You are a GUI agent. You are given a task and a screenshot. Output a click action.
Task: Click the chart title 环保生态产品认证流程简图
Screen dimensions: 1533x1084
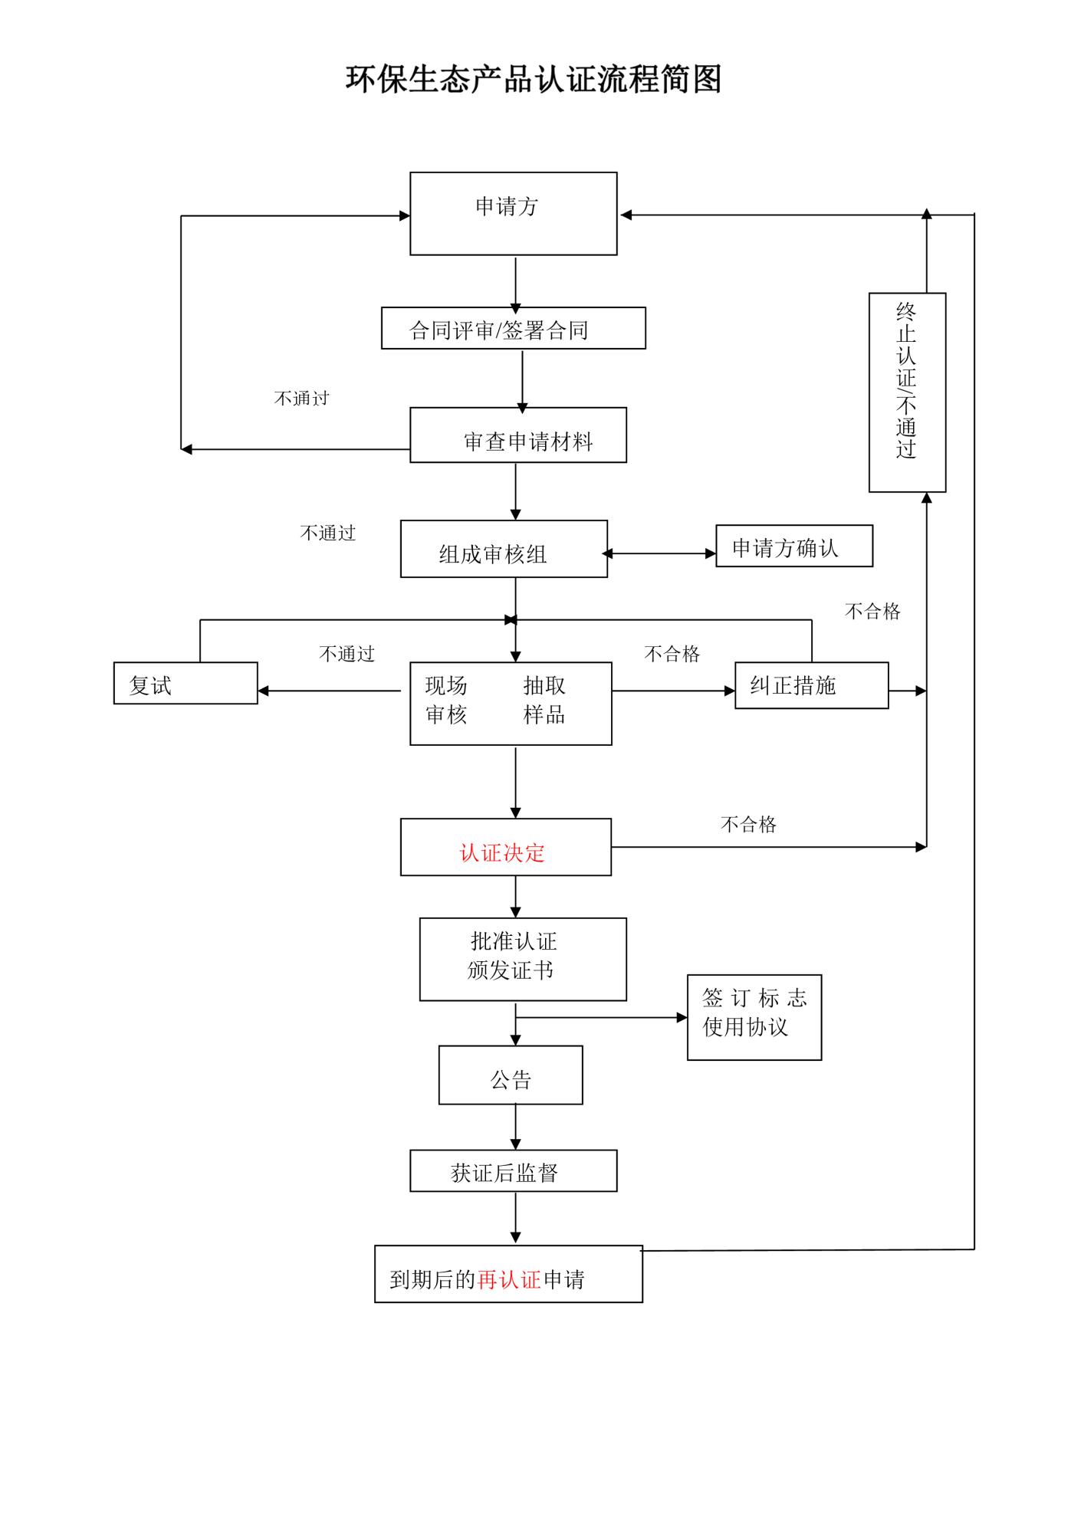534,80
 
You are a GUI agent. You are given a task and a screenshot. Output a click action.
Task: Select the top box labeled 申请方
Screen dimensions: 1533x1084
513,213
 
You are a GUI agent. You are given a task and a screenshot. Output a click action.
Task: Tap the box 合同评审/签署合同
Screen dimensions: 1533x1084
513,329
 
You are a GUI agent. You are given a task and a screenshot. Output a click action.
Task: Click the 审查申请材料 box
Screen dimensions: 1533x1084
517,435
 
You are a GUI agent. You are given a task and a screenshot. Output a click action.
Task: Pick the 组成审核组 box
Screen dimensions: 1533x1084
504,549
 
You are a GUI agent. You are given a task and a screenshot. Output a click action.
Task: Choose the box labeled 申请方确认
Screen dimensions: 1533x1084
793,546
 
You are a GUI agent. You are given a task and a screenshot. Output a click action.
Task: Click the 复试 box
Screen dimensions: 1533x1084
185,683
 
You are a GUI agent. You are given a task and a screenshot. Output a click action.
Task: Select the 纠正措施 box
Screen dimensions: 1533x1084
811,685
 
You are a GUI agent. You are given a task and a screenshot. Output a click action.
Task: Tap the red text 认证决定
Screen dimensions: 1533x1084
502,852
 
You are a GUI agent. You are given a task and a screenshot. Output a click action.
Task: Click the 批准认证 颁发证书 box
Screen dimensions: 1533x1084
522,959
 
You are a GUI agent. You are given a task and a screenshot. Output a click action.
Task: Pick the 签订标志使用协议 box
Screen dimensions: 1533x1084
754,1017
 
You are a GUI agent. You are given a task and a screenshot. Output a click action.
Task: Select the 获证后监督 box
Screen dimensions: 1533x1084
513,1170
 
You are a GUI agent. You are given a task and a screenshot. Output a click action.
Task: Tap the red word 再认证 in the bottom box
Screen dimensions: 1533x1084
509,1279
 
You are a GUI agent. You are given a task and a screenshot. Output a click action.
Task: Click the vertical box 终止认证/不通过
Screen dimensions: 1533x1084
907,392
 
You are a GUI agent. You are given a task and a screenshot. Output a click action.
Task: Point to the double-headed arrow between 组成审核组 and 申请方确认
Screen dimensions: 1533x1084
659,553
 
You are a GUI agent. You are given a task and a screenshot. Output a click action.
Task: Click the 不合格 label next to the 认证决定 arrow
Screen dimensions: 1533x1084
748,825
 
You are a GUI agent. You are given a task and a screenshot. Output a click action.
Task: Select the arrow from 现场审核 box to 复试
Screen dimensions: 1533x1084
330,691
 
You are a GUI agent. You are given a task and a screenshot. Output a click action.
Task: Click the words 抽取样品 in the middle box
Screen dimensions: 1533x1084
544,700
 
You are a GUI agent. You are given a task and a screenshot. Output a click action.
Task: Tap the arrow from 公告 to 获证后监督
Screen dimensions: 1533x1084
515,1127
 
